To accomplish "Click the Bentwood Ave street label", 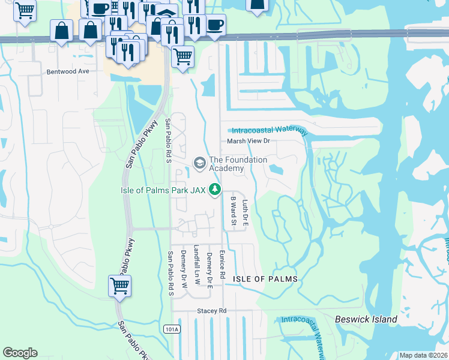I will [67, 71].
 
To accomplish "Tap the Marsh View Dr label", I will [249, 141].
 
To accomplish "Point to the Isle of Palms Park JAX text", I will [162, 190].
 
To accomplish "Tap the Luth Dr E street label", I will [244, 212].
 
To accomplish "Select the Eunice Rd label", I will [222, 264].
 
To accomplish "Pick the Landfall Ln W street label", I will [197, 268].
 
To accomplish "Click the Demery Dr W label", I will [185, 268].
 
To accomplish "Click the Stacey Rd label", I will [212, 311].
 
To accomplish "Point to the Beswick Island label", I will [366, 319].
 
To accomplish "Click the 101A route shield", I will [170, 329].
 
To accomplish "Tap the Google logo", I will [20, 353].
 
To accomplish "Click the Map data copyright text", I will [423, 355].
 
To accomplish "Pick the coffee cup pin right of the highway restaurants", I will [215, 25].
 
